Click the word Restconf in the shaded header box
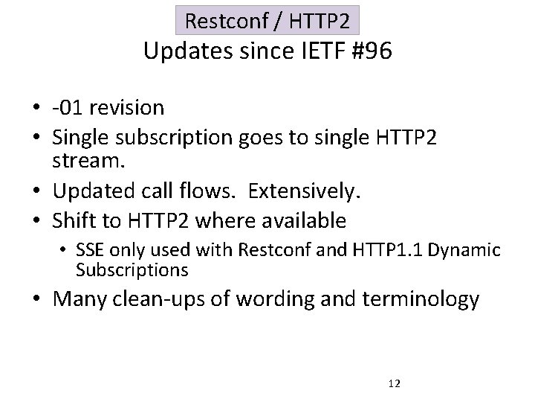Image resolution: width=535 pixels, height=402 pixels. (x=216, y=21)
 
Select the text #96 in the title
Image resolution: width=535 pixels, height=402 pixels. (x=369, y=52)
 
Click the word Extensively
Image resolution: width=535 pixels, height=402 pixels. (x=304, y=191)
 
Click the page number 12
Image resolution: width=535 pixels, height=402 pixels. (x=394, y=383)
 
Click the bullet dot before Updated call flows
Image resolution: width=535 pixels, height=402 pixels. (x=36, y=192)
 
